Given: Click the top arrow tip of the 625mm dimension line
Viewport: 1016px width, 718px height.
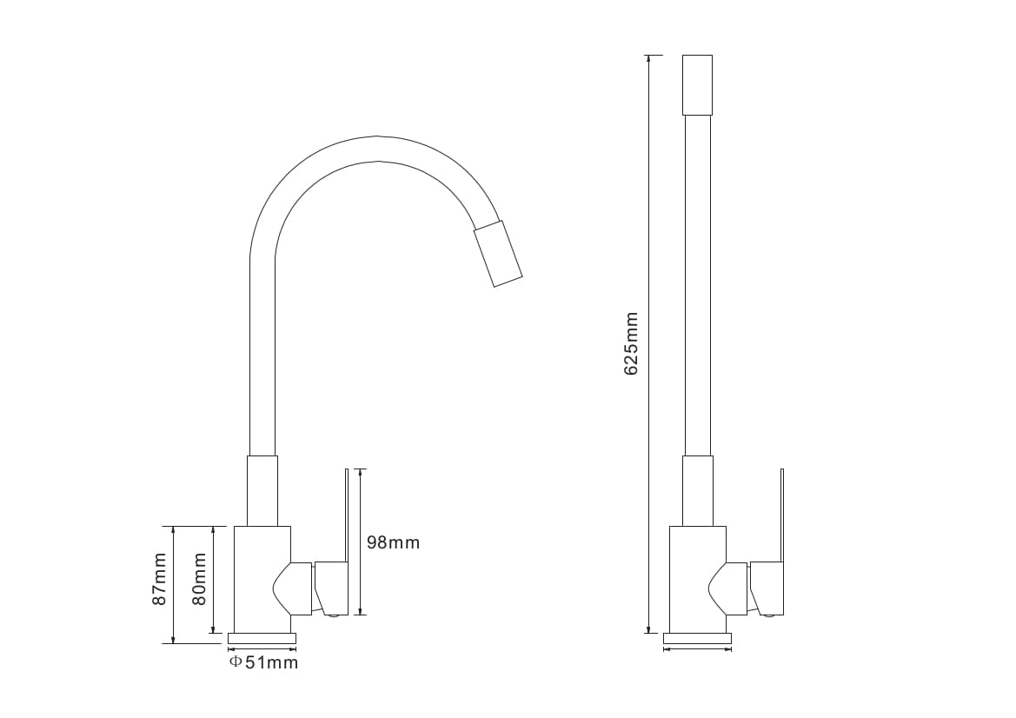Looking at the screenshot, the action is point(648,56).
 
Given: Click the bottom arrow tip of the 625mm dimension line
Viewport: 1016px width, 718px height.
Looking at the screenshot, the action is point(648,633).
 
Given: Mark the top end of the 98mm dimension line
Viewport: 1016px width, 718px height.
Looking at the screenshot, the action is point(361,469).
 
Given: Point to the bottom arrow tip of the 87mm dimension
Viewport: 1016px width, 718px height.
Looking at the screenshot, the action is point(173,643).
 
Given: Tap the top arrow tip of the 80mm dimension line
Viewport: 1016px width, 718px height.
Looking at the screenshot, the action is point(213,527).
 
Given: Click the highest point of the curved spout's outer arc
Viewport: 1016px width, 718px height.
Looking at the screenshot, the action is point(378,136).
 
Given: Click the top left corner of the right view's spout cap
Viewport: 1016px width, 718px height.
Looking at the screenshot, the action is point(683,56).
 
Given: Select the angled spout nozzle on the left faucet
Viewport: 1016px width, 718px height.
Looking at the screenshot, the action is point(498,253).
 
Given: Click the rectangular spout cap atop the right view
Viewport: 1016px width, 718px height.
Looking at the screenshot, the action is point(698,85).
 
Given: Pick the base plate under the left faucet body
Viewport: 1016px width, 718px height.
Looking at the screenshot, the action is point(262,638).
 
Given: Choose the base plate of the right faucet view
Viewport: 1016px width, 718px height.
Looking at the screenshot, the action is point(697,638).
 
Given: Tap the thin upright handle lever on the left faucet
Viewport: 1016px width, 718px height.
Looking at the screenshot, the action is point(347,515).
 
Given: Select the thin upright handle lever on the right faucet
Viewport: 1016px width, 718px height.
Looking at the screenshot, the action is point(782,515).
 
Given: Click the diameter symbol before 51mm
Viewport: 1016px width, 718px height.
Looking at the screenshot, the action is point(236,661).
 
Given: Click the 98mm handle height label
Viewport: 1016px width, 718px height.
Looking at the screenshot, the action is point(394,542).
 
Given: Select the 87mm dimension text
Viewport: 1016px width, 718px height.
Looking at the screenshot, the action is point(159,579).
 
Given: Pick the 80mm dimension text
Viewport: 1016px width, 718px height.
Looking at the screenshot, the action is point(199,579).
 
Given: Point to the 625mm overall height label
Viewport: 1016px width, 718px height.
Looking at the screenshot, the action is point(630,343).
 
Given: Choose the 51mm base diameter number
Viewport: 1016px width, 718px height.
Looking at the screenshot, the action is point(271,662).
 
